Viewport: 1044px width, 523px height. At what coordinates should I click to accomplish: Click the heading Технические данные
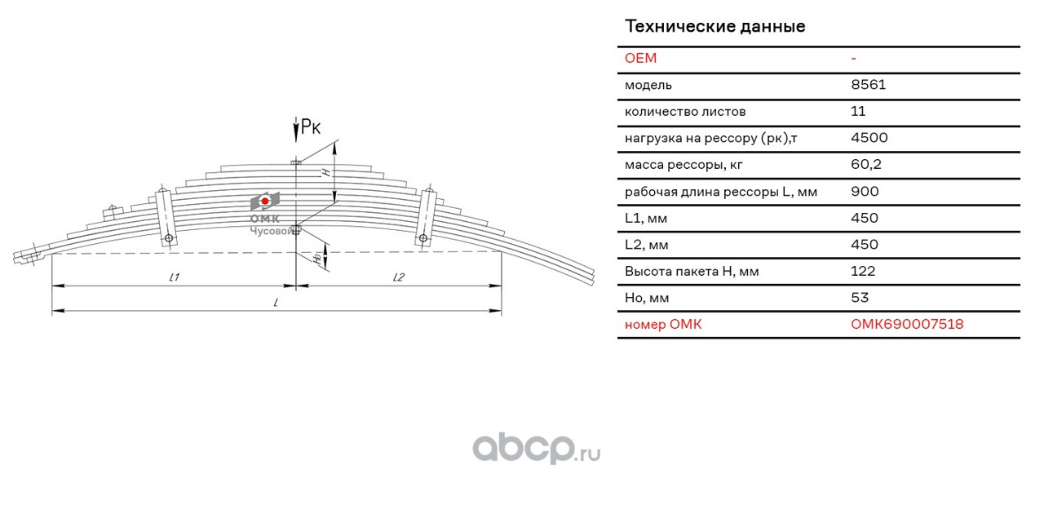(714, 26)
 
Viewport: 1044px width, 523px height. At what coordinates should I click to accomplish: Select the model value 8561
(868, 85)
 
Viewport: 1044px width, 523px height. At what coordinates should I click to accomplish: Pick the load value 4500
(869, 138)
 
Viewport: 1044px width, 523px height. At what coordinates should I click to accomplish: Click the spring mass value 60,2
(865, 165)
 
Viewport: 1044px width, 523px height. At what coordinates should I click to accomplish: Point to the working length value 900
(865, 192)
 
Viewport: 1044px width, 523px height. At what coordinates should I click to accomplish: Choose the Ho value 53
(860, 298)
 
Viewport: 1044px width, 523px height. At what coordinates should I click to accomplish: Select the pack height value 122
(863, 271)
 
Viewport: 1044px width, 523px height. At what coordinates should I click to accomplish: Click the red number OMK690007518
(906, 325)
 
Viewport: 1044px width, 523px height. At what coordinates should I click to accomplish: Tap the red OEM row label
(640, 58)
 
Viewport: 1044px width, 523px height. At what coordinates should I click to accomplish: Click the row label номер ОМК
(662, 325)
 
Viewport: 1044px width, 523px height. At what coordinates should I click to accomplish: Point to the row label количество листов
(684, 112)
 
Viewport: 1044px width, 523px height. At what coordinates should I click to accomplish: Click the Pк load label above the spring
(311, 126)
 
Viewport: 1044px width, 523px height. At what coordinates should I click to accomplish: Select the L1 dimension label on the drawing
(174, 277)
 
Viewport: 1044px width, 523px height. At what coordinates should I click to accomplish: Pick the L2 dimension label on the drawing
(399, 277)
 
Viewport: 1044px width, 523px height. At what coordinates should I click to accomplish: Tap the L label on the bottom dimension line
(276, 303)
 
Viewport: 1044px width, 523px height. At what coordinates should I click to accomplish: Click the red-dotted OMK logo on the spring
(265, 201)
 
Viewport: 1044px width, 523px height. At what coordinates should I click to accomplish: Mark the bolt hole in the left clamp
(169, 238)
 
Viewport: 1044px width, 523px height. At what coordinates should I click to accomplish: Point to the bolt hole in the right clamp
(423, 238)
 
